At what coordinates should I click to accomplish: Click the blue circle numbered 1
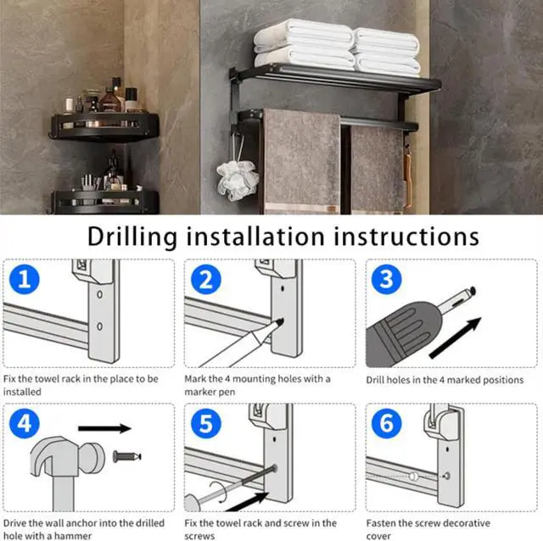(25, 279)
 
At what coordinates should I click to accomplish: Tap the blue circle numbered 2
(205, 279)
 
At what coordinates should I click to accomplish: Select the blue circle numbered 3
(387, 279)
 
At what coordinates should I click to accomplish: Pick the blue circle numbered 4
(25, 423)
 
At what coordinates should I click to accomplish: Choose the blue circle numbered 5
(205, 423)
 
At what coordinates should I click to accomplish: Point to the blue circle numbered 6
(387, 423)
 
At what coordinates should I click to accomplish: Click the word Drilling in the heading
(132, 237)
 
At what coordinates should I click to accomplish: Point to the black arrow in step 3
(455, 337)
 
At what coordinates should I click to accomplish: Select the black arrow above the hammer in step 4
(104, 428)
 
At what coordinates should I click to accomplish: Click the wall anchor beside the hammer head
(127, 456)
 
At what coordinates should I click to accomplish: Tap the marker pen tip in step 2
(280, 322)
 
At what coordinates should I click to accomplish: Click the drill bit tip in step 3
(472, 291)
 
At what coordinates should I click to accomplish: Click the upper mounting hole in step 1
(100, 294)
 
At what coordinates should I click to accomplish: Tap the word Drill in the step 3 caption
(375, 380)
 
